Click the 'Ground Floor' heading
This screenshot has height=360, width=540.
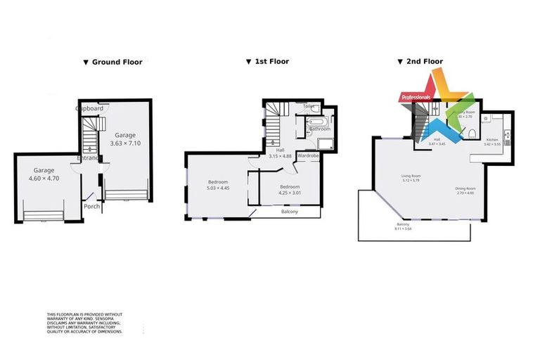pyautogui.click(x=116, y=62)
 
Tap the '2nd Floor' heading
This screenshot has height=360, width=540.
pyautogui.click(x=424, y=61)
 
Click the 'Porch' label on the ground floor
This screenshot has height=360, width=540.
pyautogui.click(x=91, y=206)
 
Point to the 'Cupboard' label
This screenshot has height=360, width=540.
pyautogui.click(x=90, y=109)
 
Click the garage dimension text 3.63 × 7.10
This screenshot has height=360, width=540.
pyautogui.click(x=126, y=143)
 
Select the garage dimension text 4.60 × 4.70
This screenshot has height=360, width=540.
pyautogui.click(x=44, y=179)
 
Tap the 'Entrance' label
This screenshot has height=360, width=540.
pyautogui.click(x=91, y=157)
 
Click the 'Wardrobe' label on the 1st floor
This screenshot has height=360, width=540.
pyautogui.click(x=309, y=155)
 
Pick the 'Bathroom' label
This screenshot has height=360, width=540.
pyautogui.click(x=319, y=129)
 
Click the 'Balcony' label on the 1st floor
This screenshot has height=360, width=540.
pyautogui.click(x=290, y=212)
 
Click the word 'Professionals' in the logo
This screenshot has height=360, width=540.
pyautogui.click(x=415, y=96)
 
